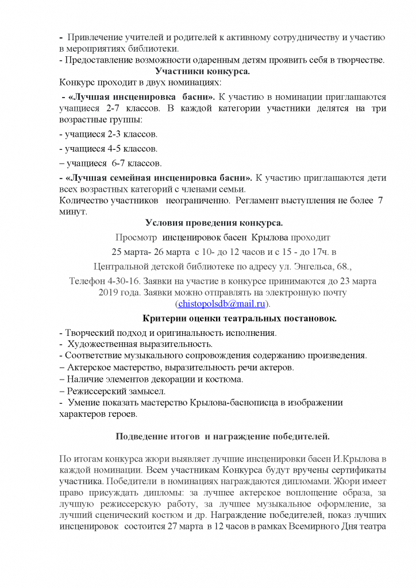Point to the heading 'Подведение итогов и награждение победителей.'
click(x=223, y=436)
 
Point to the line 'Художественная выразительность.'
click(x=140, y=344)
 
